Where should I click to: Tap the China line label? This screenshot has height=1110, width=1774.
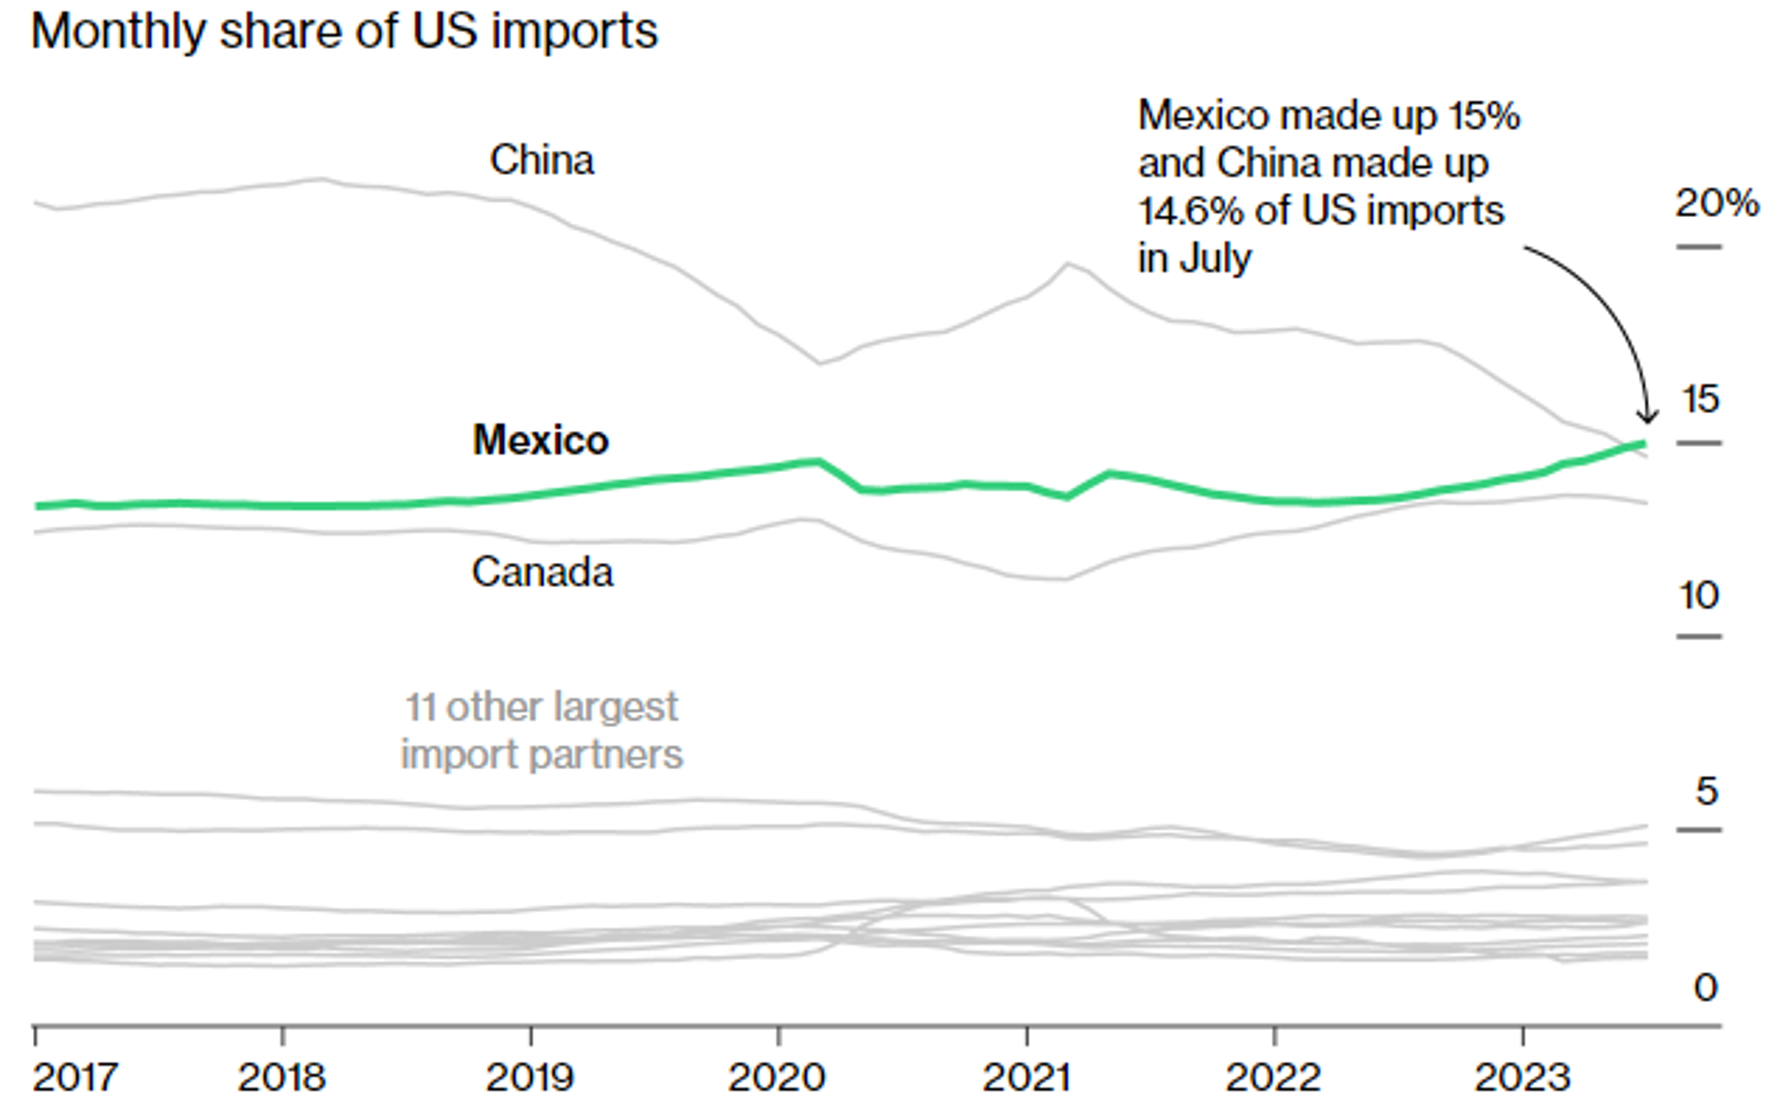pos(541,160)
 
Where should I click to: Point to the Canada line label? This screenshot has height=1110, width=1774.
pos(541,572)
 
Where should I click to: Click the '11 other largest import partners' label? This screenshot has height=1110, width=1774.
pos(541,731)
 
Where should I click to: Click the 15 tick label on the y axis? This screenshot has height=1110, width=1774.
pos(1701,399)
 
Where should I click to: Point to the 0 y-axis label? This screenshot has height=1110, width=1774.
pos(1706,988)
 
